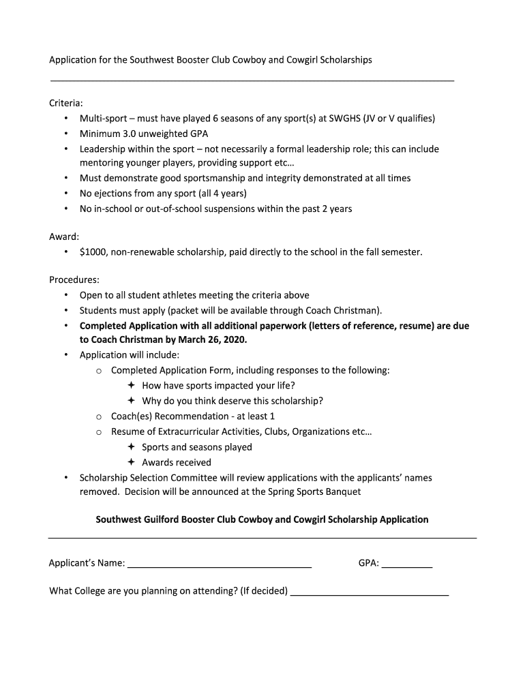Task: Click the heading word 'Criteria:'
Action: [x=66, y=103]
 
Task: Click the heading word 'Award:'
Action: [x=64, y=237]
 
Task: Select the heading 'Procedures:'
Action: [x=74, y=279]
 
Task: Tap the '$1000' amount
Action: [x=93, y=252]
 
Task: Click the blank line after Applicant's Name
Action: [x=220, y=564]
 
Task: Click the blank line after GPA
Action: [x=407, y=564]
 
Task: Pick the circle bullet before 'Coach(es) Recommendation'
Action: [x=99, y=416]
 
